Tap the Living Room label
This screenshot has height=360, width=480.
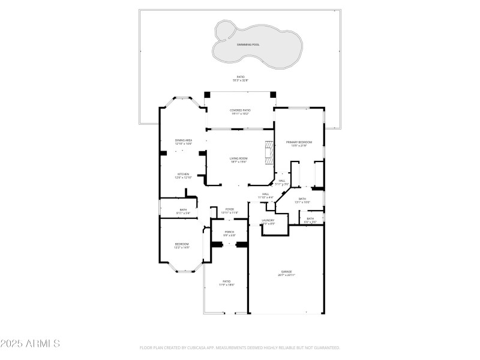tap(239, 158)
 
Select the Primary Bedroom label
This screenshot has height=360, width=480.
tap(299, 142)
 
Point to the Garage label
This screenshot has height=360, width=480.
tap(286, 272)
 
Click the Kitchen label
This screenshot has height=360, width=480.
tap(183, 175)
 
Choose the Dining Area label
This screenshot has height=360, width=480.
tap(183, 140)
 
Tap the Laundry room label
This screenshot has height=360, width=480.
tap(268, 221)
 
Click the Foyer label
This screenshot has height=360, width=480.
tap(230, 209)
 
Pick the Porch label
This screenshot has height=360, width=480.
tap(229, 232)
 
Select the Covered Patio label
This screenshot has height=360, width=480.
tap(240, 110)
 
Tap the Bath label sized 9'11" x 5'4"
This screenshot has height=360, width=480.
tap(183, 210)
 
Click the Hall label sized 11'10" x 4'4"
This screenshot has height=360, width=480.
tap(265, 194)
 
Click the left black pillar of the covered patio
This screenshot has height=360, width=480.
tap(208, 94)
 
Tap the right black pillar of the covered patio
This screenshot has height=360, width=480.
tap(272, 94)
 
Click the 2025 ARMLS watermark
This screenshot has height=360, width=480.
tap(30, 344)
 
